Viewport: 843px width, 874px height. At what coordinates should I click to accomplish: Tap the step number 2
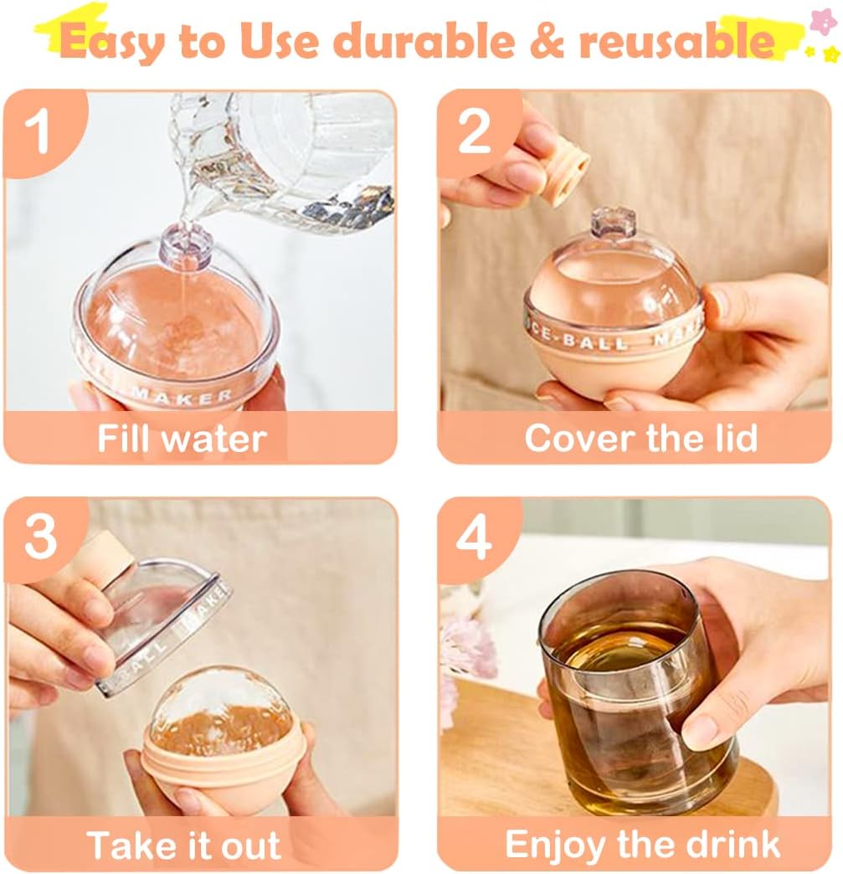[474, 132]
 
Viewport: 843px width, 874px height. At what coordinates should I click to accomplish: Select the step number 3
[40, 537]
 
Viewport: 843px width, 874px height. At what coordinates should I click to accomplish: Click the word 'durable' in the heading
[426, 41]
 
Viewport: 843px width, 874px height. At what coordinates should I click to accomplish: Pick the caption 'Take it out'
[183, 845]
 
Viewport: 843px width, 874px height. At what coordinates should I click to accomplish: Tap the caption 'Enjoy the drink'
[642, 845]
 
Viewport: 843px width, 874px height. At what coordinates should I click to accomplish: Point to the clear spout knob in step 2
[607, 224]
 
